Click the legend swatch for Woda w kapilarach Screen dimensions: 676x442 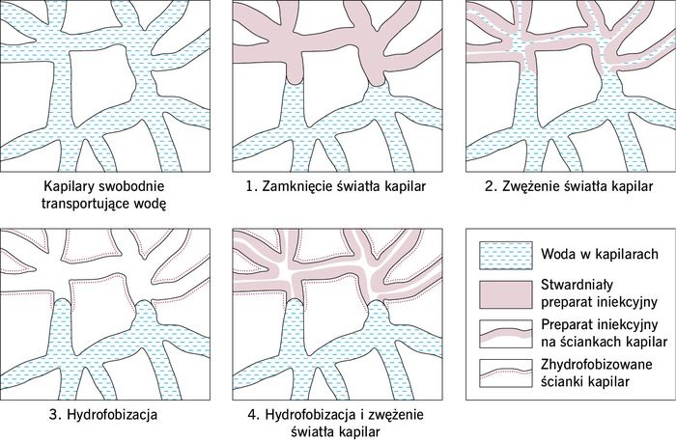(x=506, y=256)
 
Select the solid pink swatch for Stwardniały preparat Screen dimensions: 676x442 (x=506, y=295)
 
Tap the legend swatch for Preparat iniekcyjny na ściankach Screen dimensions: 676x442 (x=506, y=334)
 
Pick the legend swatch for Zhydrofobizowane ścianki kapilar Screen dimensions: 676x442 (x=506, y=373)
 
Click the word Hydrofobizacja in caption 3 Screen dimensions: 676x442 (x=112, y=415)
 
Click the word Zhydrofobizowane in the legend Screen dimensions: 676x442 (x=597, y=365)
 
